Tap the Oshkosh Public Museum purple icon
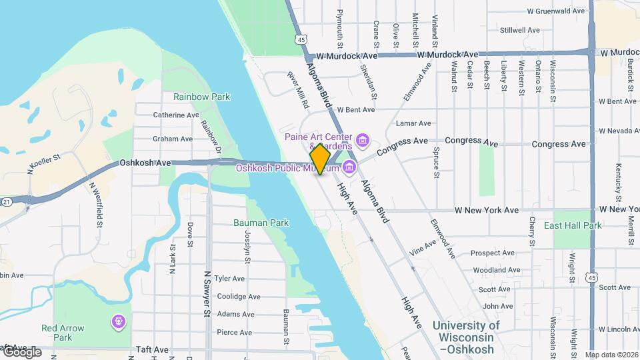(x=349, y=167)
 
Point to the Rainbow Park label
(x=201, y=97)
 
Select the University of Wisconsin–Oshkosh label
(x=465, y=337)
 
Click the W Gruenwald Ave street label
(x=556, y=11)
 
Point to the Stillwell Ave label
(x=520, y=30)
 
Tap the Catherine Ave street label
(x=176, y=115)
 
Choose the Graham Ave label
(x=172, y=139)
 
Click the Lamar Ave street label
(x=413, y=123)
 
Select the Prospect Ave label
(x=493, y=253)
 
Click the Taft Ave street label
(x=153, y=349)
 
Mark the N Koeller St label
(x=44, y=164)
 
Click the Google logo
(x=22, y=352)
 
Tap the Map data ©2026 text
(x=611, y=355)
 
